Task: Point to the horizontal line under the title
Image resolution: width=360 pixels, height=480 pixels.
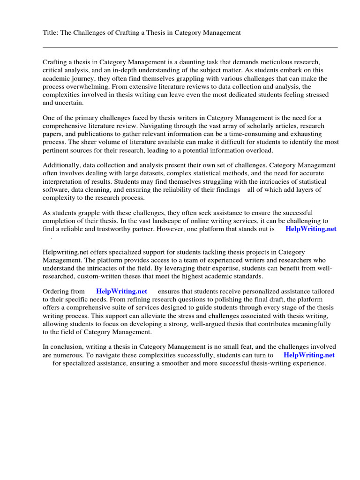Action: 190,47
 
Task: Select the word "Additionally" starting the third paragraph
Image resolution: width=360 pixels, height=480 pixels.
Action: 61,165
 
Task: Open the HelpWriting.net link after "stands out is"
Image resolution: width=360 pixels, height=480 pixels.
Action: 311,229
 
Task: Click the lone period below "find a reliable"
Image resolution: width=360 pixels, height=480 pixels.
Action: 52,238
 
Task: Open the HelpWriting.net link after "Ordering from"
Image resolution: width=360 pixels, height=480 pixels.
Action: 121,291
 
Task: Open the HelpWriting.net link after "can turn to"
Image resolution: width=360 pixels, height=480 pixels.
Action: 309,355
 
